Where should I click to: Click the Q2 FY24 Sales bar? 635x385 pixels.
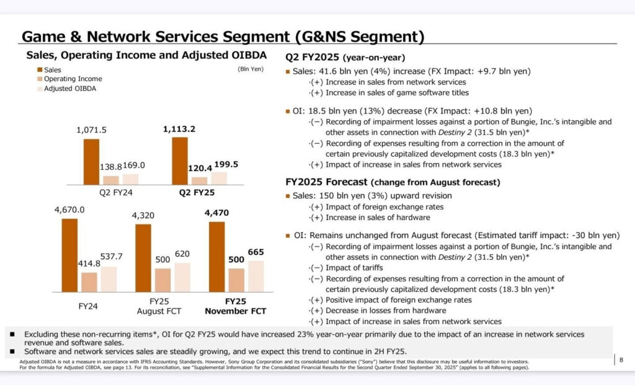click(91, 162)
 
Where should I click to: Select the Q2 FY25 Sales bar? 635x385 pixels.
click(180, 161)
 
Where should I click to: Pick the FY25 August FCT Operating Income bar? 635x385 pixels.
click(162, 280)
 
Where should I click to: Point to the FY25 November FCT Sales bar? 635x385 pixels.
click(216, 256)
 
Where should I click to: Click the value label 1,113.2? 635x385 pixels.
click(179, 129)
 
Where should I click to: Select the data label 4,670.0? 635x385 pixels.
click(69, 211)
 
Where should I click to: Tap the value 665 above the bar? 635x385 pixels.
click(256, 252)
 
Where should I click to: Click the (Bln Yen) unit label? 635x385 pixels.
click(251, 69)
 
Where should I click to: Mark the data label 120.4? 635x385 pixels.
click(200, 168)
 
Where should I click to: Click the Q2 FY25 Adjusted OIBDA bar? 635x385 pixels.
click(219, 178)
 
